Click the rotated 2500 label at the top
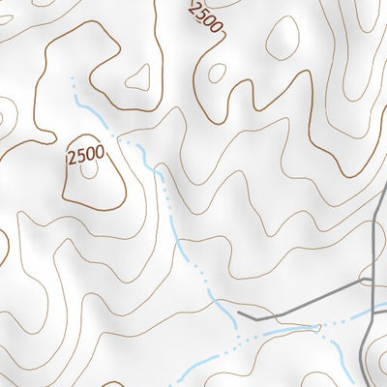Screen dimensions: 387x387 pos(206,18)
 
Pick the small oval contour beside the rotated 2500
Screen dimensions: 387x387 pos(218,72)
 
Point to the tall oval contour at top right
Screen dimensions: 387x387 pos(285,38)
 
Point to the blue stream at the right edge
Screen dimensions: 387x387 pos(384,308)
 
